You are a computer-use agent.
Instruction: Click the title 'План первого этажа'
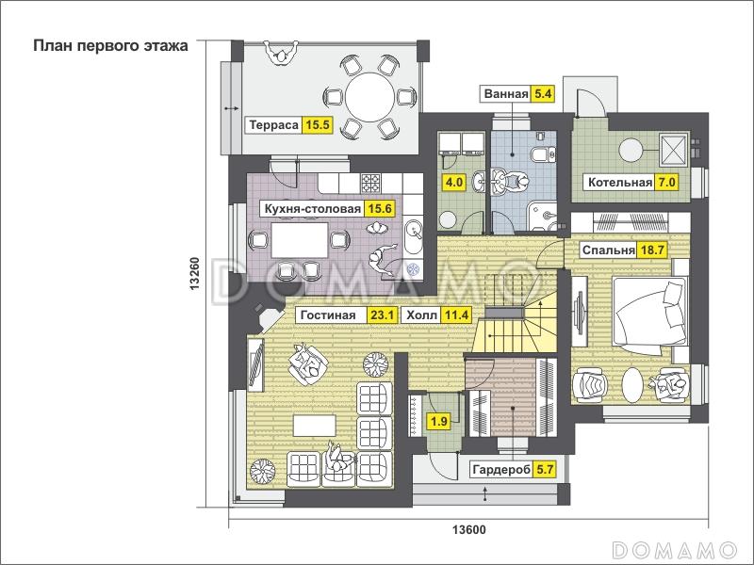(x=110, y=45)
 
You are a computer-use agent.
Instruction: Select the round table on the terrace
(x=369, y=96)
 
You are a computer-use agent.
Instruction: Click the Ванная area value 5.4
(x=543, y=93)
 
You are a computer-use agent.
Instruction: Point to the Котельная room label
(x=620, y=183)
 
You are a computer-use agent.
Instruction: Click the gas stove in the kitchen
(x=370, y=183)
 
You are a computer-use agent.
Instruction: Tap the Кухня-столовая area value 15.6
(x=380, y=208)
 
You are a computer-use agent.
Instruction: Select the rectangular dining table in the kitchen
(x=300, y=240)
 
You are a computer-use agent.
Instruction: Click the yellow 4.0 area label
(x=454, y=183)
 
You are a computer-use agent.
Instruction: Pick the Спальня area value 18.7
(x=652, y=250)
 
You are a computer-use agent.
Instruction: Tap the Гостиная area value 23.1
(x=383, y=315)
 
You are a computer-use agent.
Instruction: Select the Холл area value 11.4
(x=456, y=315)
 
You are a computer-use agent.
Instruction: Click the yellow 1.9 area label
(x=439, y=422)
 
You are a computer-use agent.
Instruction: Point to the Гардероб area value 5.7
(x=545, y=469)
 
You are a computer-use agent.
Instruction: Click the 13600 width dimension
(x=469, y=530)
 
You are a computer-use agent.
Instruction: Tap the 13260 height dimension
(x=195, y=274)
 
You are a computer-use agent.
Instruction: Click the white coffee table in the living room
(x=315, y=426)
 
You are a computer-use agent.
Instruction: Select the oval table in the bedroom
(x=632, y=384)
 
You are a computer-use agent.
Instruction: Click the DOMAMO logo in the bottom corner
(x=675, y=549)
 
